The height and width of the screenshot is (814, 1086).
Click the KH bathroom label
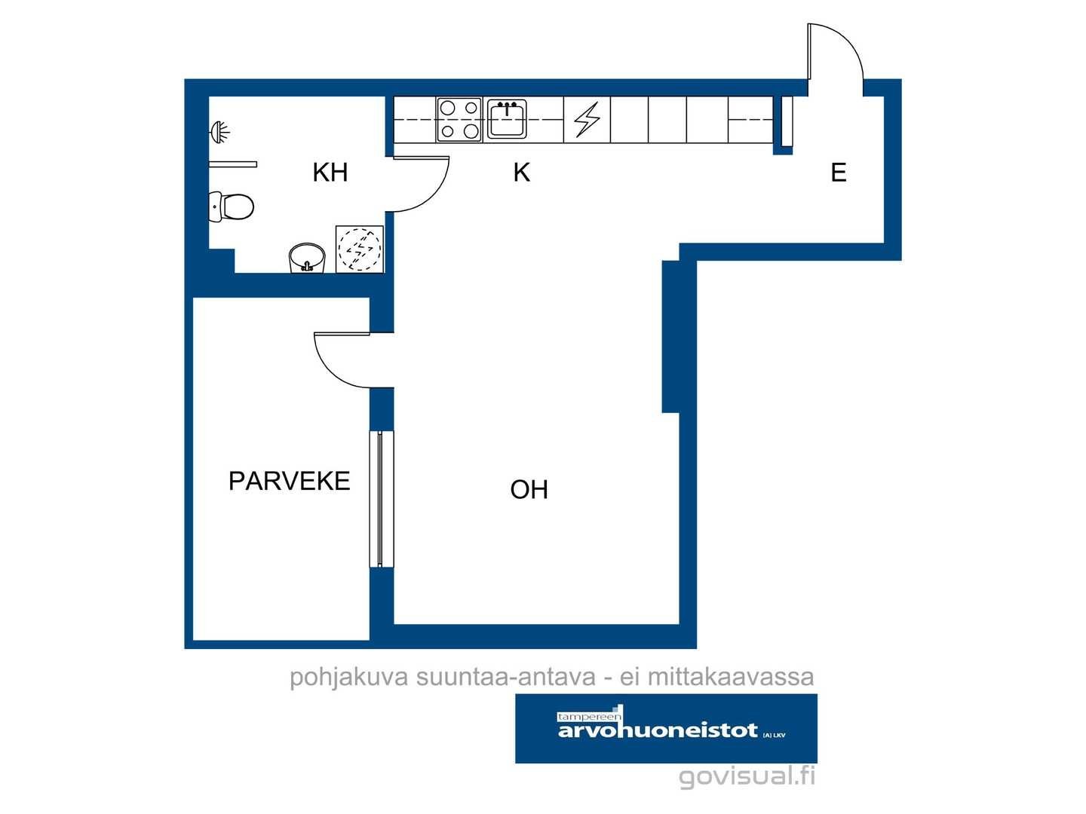click(x=330, y=172)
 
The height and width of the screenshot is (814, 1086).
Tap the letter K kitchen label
click(x=521, y=172)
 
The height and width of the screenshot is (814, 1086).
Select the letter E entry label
click(x=838, y=173)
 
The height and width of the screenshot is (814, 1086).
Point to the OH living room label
click(x=529, y=489)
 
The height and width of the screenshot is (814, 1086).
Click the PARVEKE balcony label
click(x=290, y=480)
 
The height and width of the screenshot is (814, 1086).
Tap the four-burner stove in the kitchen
click(x=459, y=120)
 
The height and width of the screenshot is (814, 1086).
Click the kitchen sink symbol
click(x=507, y=119)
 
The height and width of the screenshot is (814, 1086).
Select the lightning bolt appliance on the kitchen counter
click(x=587, y=119)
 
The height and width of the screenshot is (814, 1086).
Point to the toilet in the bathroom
click(x=231, y=206)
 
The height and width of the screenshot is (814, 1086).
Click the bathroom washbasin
click(x=307, y=258)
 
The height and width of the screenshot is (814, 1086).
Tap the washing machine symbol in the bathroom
click(x=360, y=249)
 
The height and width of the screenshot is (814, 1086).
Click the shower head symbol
click(x=219, y=132)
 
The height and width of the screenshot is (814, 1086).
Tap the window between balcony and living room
click(x=380, y=499)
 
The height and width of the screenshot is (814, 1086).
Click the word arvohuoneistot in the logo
click(x=658, y=730)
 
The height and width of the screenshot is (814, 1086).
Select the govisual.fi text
click(x=747, y=776)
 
